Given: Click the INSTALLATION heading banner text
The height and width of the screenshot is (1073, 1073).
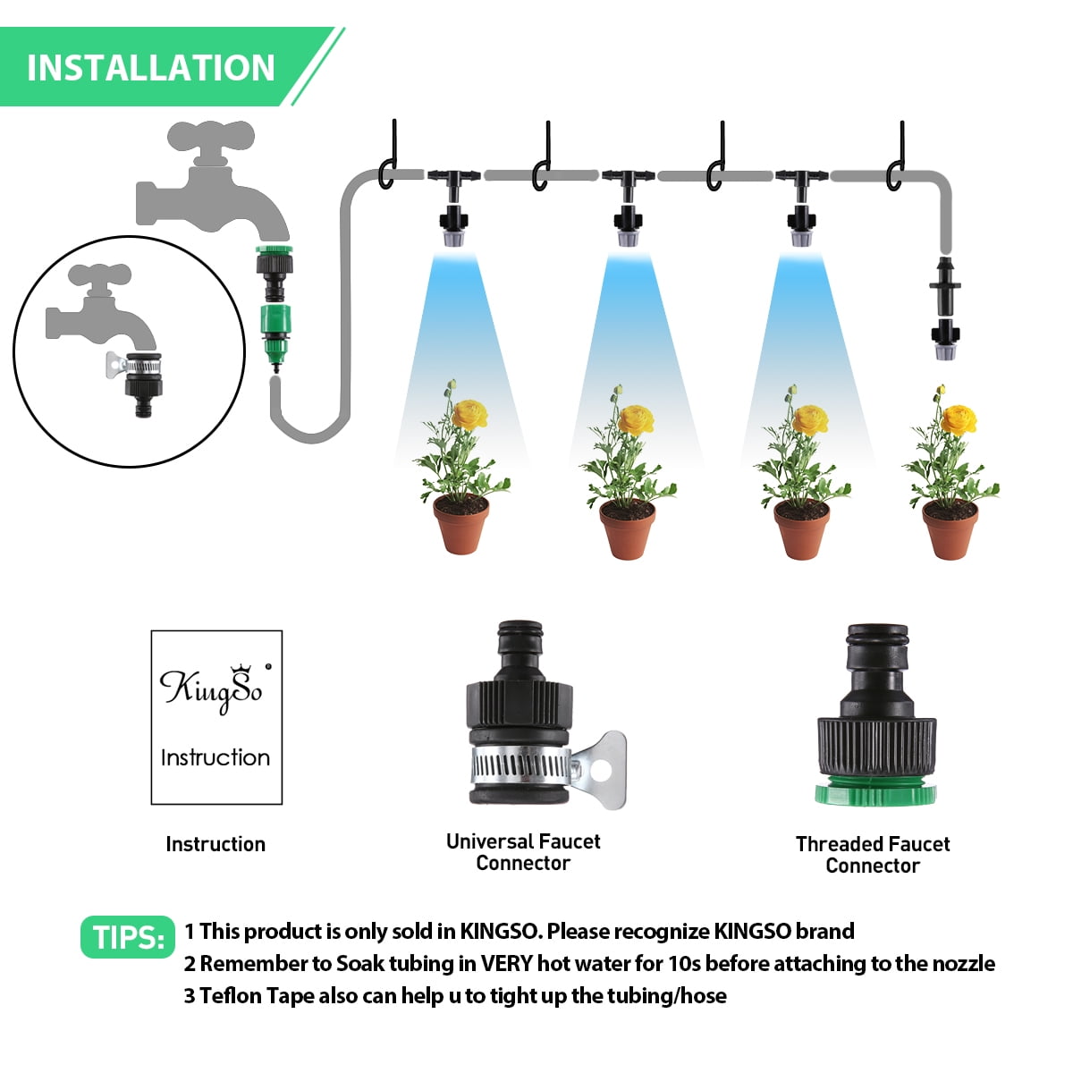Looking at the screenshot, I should coord(150,68).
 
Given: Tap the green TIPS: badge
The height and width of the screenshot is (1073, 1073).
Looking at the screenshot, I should coord(128,937).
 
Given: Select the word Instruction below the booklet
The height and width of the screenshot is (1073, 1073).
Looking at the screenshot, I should coord(215,844).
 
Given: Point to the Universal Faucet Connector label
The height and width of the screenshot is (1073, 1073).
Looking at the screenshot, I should coord(523,852).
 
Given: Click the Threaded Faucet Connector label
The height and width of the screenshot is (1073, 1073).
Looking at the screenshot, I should coord(872,855).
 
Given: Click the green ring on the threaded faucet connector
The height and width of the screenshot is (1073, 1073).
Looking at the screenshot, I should coord(875,792).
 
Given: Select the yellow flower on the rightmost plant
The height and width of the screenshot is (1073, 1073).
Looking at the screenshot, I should coord(959,418).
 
